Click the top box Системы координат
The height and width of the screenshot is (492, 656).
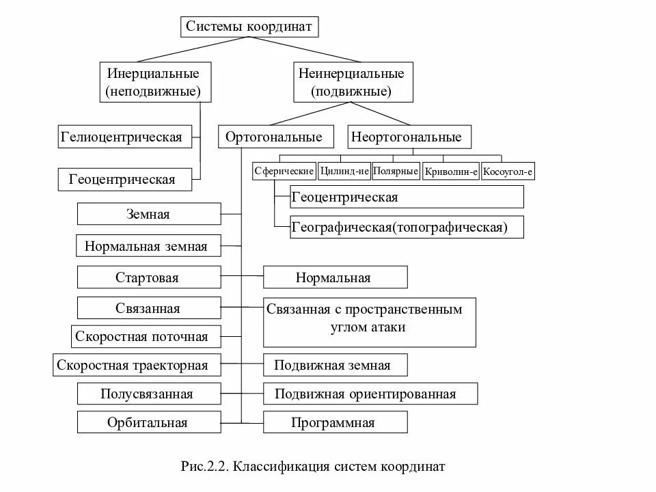pos(249,27)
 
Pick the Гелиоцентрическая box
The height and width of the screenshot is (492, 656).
pos(122,137)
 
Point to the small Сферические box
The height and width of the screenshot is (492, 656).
pos(284,171)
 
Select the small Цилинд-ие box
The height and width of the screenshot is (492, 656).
pos(344,171)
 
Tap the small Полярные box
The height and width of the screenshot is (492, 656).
pos(396,171)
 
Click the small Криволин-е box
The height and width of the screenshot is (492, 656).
pos(450,172)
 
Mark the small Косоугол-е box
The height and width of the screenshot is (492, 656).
pos(508,172)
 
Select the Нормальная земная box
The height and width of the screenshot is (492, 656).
pos(149,246)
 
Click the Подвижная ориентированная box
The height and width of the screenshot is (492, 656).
pos(370,394)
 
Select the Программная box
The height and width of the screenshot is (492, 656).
pos(335,422)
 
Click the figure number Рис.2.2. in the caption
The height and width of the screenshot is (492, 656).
pos(203,467)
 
